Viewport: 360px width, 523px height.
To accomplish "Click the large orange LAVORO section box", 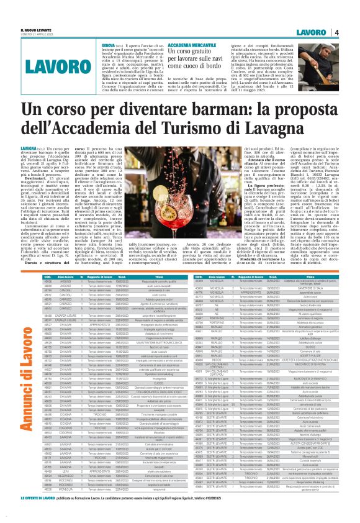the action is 43,65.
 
